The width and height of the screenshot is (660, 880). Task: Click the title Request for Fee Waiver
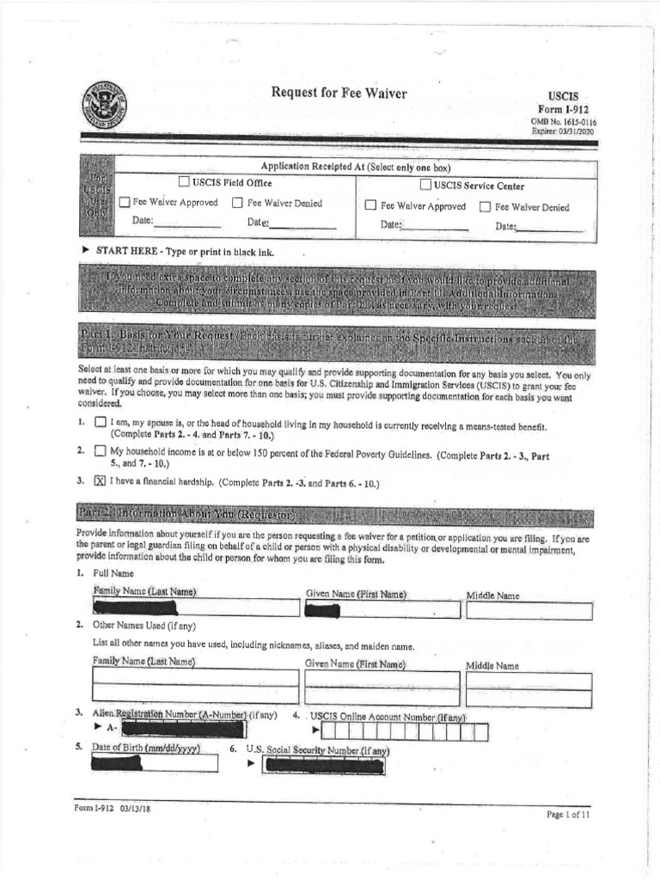(339, 93)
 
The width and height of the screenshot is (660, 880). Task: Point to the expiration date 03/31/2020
(577, 131)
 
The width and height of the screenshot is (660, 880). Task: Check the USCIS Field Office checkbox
(185, 182)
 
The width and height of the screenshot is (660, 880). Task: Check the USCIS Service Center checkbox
(425, 185)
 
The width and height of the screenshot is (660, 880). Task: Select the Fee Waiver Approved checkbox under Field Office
(125, 203)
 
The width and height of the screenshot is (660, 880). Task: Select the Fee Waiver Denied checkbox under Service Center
(486, 206)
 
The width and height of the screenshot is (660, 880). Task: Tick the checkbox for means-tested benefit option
(100, 423)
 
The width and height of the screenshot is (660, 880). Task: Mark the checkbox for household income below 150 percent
(100, 451)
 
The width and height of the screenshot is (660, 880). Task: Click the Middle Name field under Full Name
(529, 611)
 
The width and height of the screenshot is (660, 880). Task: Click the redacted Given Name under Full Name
(322, 611)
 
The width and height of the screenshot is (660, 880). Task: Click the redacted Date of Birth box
(129, 761)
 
